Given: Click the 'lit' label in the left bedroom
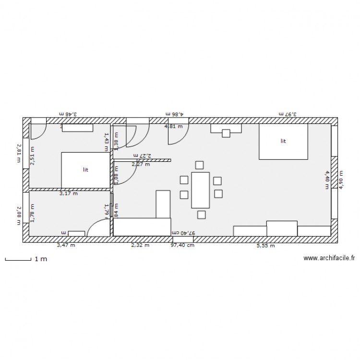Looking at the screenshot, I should (x=85, y=169).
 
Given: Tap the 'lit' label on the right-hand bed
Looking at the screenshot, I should (x=283, y=141).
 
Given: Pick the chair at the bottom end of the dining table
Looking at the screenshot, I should (x=202, y=215).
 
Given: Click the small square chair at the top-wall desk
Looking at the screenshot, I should (x=226, y=133).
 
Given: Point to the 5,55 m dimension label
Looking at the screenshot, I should (x=265, y=246).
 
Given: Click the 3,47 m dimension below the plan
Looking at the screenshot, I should (x=66, y=245).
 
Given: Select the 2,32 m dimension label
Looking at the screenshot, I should (x=140, y=245).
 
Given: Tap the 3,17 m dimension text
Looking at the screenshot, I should (x=68, y=194).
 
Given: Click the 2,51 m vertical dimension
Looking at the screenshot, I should (x=33, y=159).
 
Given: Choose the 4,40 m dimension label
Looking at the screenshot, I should (x=327, y=180).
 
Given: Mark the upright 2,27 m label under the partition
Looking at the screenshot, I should (x=140, y=164).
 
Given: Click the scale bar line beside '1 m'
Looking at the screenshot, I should (x=18, y=260).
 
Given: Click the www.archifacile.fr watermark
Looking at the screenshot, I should (x=329, y=258).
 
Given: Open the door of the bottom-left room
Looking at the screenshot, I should (x=99, y=227).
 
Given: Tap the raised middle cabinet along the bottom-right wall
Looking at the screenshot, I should (x=282, y=228).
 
